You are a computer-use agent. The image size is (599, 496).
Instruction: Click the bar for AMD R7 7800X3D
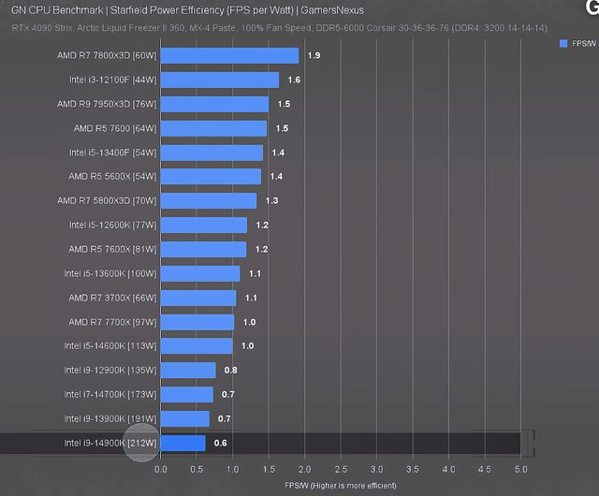pyautogui.click(x=229, y=55)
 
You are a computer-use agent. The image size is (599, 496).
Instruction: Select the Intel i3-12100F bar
pyautogui.click(x=219, y=80)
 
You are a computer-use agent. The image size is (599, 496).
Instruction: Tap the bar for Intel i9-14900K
pyautogui.click(x=183, y=443)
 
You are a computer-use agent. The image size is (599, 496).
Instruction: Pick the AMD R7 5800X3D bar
pyautogui.click(x=208, y=200)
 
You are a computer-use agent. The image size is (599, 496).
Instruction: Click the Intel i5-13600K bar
pyautogui.click(x=200, y=273)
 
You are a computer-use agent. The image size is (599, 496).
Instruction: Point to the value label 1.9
pyautogui.click(x=314, y=56)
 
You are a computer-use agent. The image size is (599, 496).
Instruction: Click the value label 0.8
pyautogui.click(x=229, y=371)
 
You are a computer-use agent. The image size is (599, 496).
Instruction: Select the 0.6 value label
pyautogui.click(x=221, y=443)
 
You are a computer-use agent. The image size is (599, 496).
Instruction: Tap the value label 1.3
pyautogui.click(x=271, y=201)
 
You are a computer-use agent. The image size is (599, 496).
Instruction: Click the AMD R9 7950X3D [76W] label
pyautogui.click(x=107, y=104)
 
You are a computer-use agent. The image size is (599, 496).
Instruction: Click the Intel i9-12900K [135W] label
pyautogui.click(x=110, y=371)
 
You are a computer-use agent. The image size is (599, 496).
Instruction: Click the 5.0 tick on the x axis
pyautogui.click(x=520, y=469)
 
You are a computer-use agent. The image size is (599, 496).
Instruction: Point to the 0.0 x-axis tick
pyautogui.click(x=161, y=469)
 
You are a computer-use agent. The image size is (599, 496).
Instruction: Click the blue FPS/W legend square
pyautogui.click(x=562, y=44)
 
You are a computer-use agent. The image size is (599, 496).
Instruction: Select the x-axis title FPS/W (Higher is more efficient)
pyautogui.click(x=341, y=486)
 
